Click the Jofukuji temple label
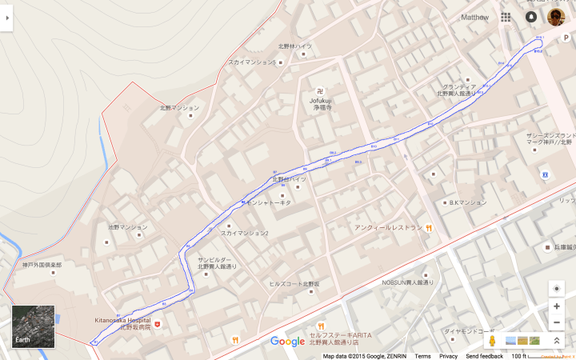click(x=322, y=101)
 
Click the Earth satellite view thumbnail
click(x=33, y=326)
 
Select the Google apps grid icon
click(x=506, y=17)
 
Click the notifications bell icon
click(x=531, y=17)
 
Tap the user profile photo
click(x=556, y=17)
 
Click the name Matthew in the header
click(x=474, y=17)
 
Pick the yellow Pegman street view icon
click(x=493, y=341)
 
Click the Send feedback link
click(x=485, y=356)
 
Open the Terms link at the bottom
click(x=422, y=356)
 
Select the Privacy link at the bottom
click(x=448, y=356)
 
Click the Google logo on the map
click(x=287, y=342)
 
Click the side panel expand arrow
click(x=6, y=17)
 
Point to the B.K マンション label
click(x=467, y=202)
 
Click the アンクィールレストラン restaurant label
click(x=389, y=227)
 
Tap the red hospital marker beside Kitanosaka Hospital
click(x=158, y=324)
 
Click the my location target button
click(x=557, y=288)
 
